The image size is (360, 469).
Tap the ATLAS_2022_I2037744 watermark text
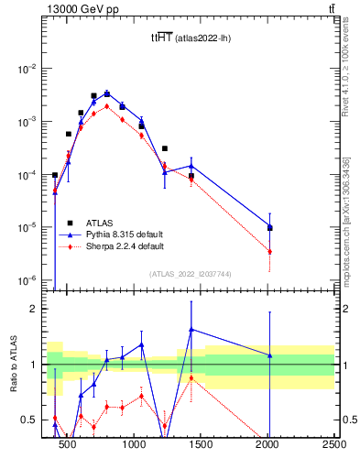click(x=190, y=274)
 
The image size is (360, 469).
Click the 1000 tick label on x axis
click(x=134, y=445)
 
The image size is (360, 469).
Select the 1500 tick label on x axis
click(x=201, y=445)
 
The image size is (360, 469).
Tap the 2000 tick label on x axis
click(x=267, y=445)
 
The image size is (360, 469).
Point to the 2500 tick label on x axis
click(x=333, y=445)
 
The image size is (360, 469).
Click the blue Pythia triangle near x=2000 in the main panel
click(x=269, y=227)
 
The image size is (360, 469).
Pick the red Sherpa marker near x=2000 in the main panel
click(x=269, y=252)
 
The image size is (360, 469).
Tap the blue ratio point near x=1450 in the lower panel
click(x=191, y=329)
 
